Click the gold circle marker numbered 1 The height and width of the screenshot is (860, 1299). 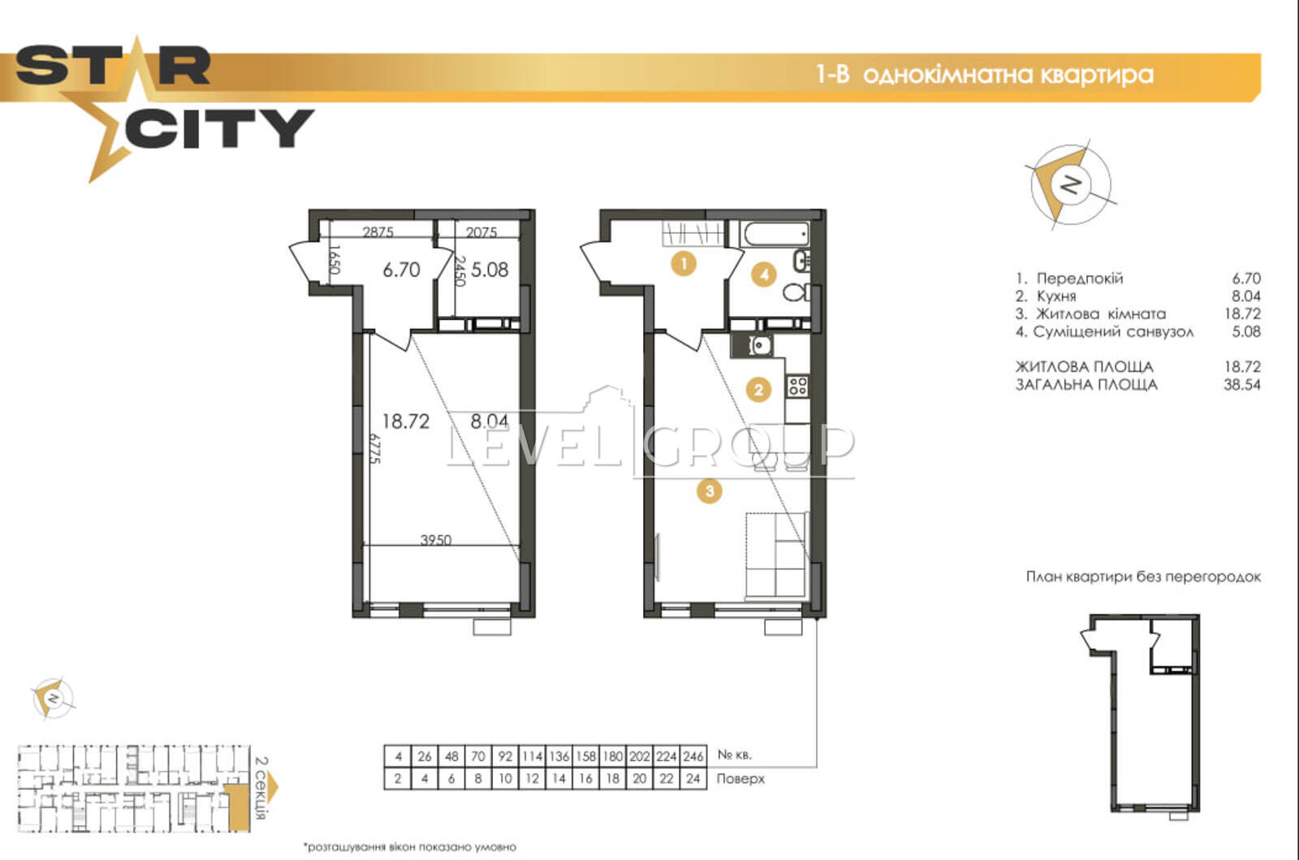684,265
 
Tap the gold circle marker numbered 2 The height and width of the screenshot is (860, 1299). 759,390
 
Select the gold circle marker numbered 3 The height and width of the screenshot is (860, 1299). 710,491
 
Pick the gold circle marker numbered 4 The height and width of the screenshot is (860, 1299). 764,274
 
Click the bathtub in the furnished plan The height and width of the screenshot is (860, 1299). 775,234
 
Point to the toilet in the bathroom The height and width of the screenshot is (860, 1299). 796,292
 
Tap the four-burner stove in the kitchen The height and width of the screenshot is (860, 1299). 797,387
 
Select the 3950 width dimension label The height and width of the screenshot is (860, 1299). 436,540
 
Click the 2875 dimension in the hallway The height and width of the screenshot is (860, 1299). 378,232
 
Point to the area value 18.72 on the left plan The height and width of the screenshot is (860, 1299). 406,421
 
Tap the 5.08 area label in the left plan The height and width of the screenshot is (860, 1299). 490,270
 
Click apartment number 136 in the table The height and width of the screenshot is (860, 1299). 559,756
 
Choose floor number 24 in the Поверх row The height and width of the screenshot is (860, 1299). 693,779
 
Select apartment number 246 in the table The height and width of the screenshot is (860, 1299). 693,756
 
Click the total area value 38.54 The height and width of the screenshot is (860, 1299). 1242,384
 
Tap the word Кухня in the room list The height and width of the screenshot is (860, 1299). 1056,296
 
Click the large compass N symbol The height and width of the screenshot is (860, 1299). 1071,184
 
